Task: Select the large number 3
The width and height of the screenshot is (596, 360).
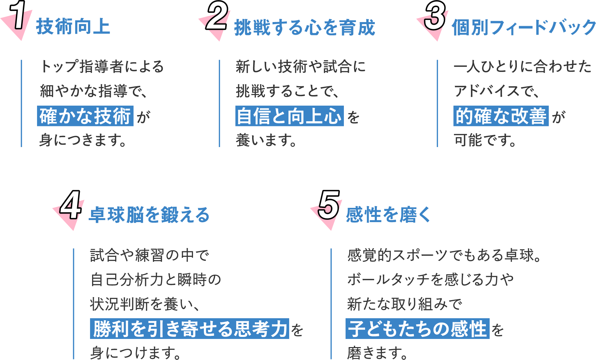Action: click(435, 16)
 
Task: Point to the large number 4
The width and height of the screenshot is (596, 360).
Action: click(70, 205)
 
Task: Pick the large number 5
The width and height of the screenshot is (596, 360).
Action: click(329, 205)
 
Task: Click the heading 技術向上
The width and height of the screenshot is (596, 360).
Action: click(73, 27)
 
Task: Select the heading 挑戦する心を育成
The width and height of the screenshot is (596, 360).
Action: click(304, 28)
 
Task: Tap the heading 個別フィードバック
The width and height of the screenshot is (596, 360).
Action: click(523, 28)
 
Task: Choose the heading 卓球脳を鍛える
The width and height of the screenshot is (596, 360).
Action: click(149, 215)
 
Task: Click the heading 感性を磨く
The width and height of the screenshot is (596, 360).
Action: click(388, 215)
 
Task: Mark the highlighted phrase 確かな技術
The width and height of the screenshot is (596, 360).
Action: click(85, 116)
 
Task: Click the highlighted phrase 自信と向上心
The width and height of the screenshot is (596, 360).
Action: click(289, 116)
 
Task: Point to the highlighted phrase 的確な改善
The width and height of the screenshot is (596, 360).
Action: click(501, 116)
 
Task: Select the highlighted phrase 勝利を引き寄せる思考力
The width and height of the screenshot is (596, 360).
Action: click(190, 329)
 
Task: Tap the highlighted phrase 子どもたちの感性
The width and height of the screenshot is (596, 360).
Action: click(417, 329)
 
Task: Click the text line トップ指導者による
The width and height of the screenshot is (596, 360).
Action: click(102, 67)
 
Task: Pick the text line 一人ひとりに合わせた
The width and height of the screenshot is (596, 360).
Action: click(523, 67)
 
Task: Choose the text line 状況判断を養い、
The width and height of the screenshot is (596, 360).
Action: click(145, 304)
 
